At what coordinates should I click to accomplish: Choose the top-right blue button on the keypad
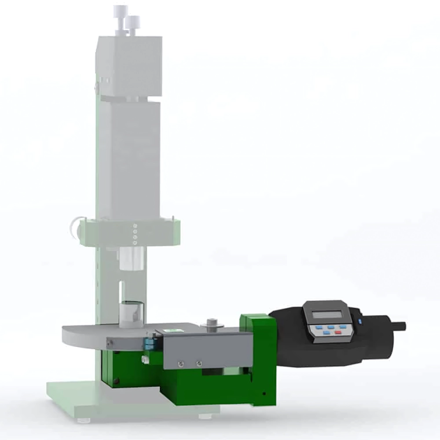(342, 327)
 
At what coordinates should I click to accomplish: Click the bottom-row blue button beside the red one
(326, 333)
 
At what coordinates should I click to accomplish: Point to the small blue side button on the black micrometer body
(359, 323)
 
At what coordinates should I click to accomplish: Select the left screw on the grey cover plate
(180, 363)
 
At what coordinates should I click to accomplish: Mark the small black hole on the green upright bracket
(264, 393)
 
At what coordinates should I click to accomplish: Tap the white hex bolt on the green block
(144, 359)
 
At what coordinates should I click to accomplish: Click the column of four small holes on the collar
(135, 234)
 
